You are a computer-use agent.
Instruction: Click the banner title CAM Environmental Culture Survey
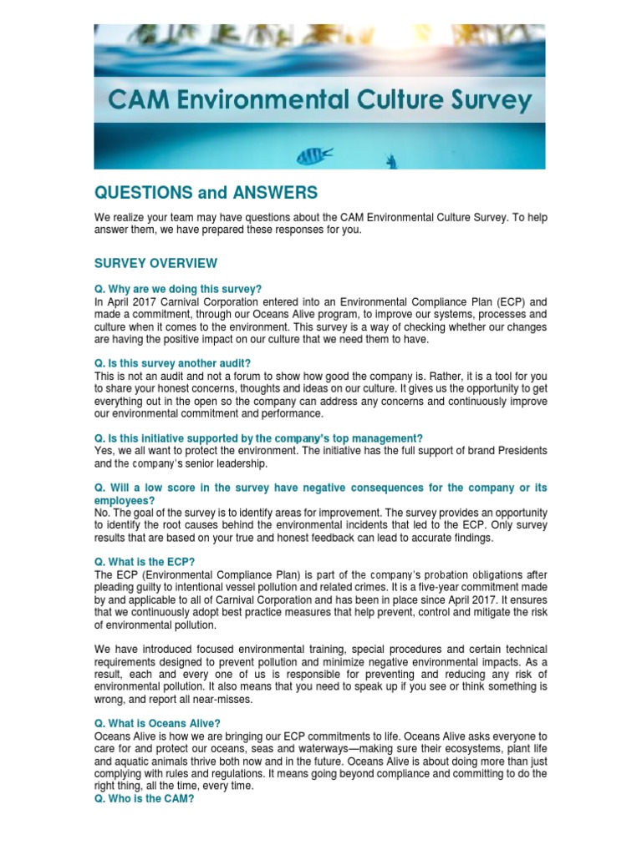[319, 102]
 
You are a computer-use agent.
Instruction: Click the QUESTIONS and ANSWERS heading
[206, 193]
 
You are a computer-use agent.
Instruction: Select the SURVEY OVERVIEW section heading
[155, 263]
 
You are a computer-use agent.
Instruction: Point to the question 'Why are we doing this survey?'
[178, 288]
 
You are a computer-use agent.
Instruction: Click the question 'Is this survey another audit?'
[172, 363]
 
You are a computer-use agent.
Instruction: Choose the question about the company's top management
[258, 438]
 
